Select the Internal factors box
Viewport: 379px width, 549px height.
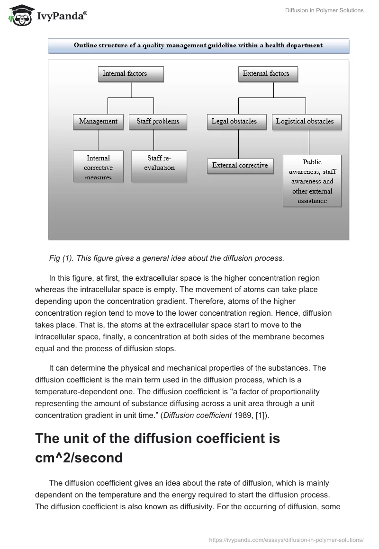click(125, 74)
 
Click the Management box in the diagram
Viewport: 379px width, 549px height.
click(99, 122)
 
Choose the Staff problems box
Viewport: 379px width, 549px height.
click(158, 122)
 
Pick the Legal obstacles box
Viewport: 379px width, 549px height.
click(234, 122)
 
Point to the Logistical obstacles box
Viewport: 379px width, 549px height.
click(305, 122)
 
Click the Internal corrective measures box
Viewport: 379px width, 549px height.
click(99, 167)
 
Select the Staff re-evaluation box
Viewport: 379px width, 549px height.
click(159, 167)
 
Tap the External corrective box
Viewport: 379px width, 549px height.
click(240, 166)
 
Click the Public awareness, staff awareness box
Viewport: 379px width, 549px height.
click(312, 181)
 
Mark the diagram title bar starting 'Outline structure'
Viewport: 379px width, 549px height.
click(198, 46)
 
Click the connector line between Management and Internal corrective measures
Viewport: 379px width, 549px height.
click(99, 140)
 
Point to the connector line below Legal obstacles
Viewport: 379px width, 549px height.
click(238, 144)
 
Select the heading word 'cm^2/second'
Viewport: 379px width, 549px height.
click(79, 458)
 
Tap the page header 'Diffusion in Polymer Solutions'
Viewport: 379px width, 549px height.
click(324, 10)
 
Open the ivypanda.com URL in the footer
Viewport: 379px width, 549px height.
click(286, 540)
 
